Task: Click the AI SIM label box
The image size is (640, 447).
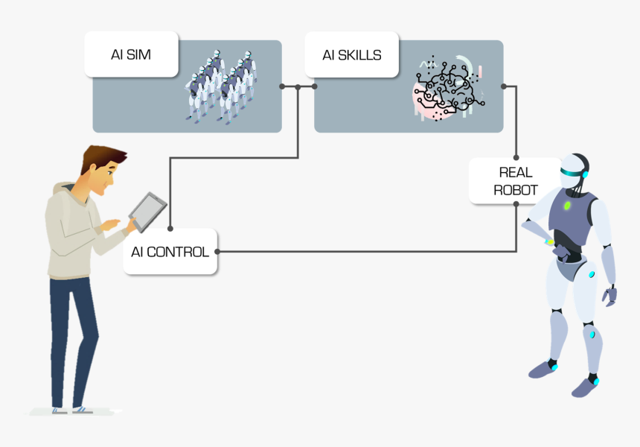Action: pos(131,54)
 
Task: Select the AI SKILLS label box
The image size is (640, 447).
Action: pos(351,55)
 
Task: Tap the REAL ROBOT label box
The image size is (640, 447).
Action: pos(515,180)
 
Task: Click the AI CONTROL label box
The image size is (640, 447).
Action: pos(170,252)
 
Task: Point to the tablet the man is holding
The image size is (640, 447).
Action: pos(148,212)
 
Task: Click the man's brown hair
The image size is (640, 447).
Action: pos(100,157)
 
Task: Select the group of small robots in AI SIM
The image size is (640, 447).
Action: pos(220,86)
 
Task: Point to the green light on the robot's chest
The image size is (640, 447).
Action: pos(567,205)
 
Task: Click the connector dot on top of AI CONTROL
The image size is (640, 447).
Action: pos(170,229)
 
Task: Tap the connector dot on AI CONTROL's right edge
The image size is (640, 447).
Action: pos(218,252)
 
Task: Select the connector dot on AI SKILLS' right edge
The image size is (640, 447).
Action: pos(504,86)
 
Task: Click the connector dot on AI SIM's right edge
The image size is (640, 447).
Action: pos(282,86)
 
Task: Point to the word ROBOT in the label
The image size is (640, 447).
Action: pos(515,190)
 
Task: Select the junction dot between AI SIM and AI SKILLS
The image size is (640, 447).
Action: pos(298,86)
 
